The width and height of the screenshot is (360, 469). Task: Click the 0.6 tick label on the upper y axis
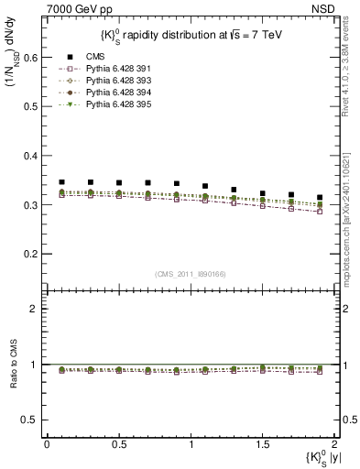[31, 57]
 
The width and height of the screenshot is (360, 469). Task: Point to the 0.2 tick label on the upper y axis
[31, 254]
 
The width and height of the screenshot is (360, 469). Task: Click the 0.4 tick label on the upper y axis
[31, 156]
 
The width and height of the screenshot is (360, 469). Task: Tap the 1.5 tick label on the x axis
[262, 443]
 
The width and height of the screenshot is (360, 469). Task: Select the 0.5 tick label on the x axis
[118, 443]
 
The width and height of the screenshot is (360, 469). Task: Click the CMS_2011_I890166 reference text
[190, 274]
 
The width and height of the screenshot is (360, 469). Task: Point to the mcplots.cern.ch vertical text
[352, 211]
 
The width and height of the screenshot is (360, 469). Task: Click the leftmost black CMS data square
[61, 182]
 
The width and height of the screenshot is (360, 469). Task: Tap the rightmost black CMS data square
[320, 197]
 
